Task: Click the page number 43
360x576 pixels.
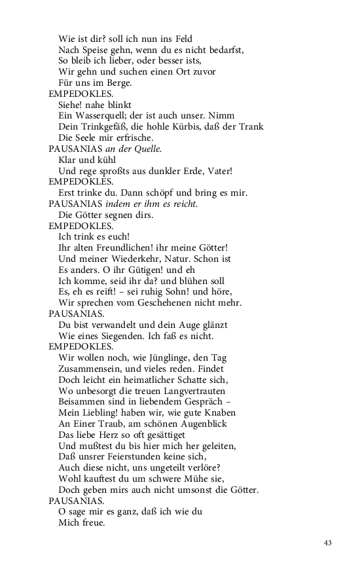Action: click(x=328, y=543)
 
